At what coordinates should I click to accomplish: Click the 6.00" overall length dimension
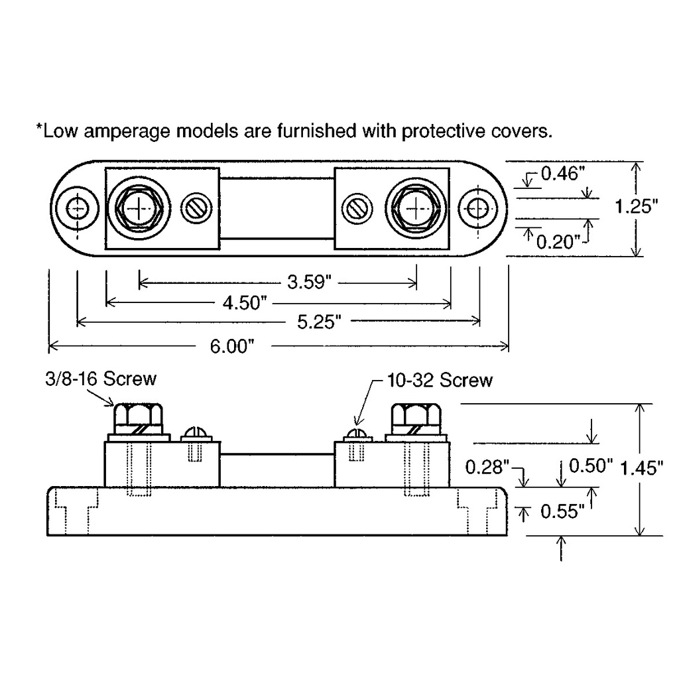click(232, 346)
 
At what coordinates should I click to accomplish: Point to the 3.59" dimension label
click(308, 283)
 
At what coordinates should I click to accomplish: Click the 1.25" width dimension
click(637, 207)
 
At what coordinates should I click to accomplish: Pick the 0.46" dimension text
click(564, 174)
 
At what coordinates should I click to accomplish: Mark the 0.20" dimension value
click(558, 242)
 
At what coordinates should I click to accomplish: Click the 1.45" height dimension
click(641, 468)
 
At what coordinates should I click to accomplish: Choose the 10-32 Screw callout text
click(440, 380)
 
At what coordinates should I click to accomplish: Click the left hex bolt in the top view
click(139, 208)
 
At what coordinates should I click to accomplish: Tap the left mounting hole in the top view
click(78, 209)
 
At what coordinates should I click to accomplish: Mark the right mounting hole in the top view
click(477, 209)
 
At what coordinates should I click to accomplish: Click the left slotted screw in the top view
click(197, 209)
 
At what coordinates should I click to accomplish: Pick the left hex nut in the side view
click(138, 417)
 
